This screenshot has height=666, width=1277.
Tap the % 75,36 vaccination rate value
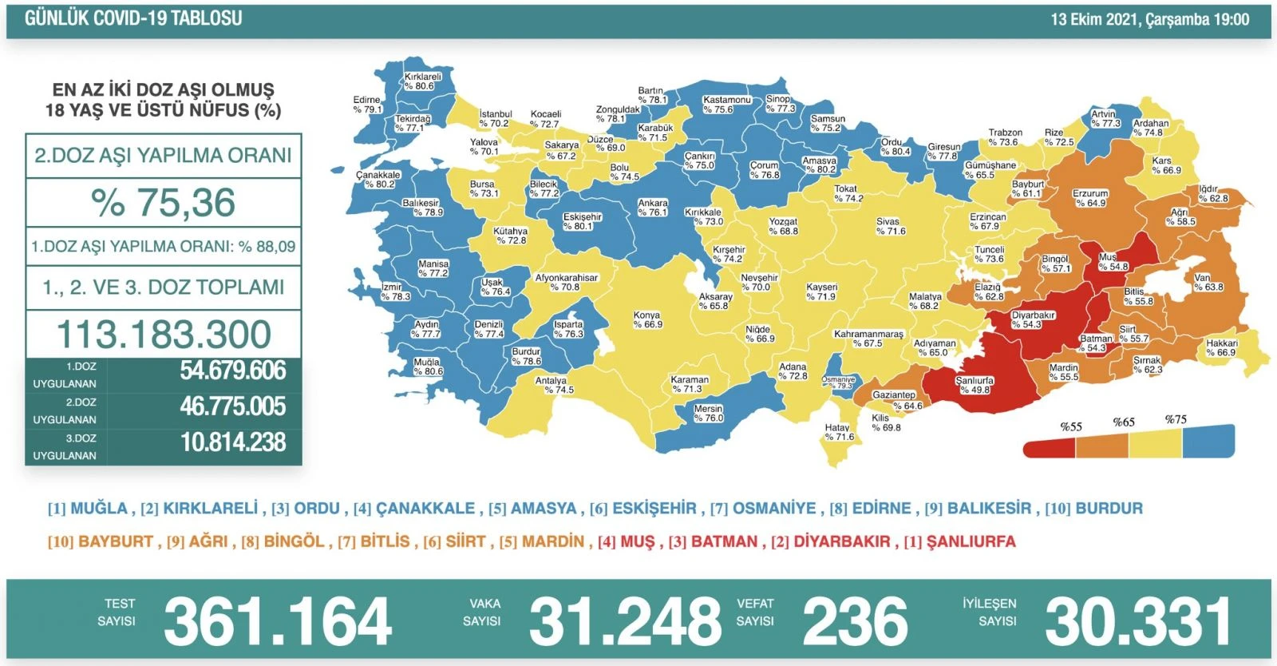(x=164, y=203)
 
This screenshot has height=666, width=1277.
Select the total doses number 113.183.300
(x=164, y=335)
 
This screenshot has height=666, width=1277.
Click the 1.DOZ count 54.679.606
(x=232, y=371)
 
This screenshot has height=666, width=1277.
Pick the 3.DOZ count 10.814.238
(x=232, y=442)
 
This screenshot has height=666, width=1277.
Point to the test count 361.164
(x=277, y=622)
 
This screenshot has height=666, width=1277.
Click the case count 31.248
(x=625, y=622)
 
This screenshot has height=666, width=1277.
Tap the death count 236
(x=855, y=622)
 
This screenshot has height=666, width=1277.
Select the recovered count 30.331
(x=1138, y=622)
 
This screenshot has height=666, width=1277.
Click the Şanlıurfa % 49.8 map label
(x=975, y=385)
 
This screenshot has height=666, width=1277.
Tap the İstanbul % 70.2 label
(x=495, y=119)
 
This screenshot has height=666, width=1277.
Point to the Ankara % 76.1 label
(x=652, y=208)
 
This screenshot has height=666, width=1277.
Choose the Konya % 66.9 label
(x=647, y=319)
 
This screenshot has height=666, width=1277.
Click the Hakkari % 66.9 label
(x=1221, y=347)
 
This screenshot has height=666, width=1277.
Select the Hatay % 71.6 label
(x=838, y=432)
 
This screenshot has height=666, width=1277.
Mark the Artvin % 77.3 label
(x=1105, y=119)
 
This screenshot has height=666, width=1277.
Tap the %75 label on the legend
(x=1175, y=419)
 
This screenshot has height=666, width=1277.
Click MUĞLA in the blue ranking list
(x=98, y=509)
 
